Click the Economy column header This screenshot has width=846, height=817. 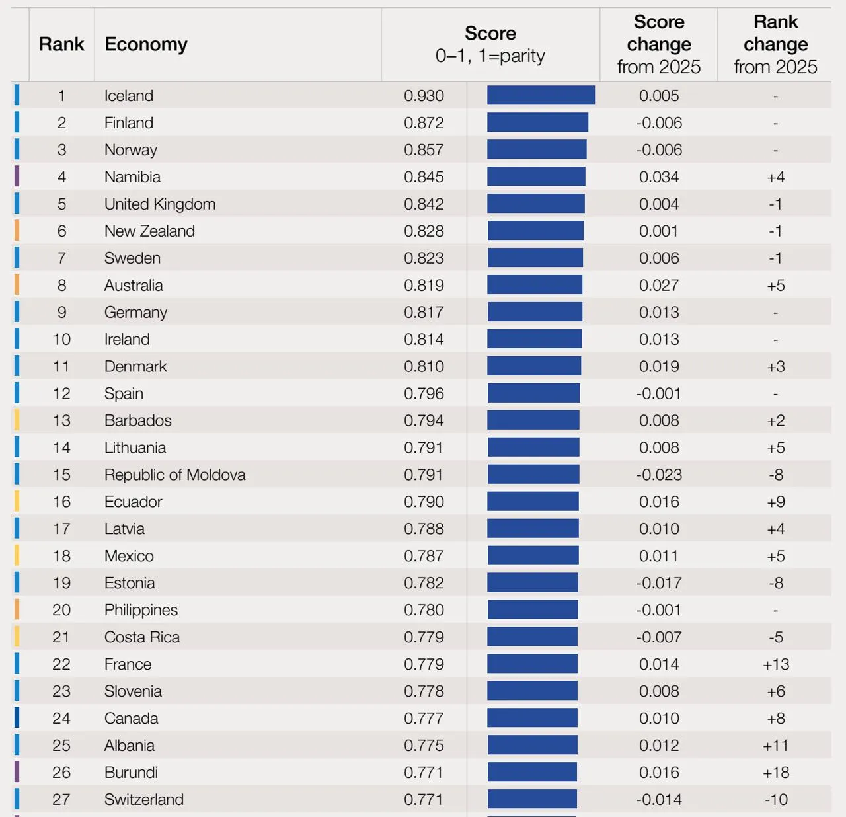tap(146, 44)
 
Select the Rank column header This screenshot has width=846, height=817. tap(61, 44)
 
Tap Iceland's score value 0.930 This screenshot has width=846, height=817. tap(424, 96)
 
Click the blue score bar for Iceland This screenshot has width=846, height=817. tap(541, 95)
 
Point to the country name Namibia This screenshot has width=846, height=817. tap(133, 177)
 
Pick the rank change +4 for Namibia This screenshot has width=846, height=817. tap(776, 177)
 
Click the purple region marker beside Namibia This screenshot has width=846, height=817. tap(17, 176)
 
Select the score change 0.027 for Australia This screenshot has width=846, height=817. tap(659, 286)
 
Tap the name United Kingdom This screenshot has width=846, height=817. tap(160, 204)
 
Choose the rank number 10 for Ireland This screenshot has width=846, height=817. tap(61, 339)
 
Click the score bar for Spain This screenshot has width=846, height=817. tap(534, 393)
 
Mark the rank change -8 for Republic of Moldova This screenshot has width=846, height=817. tap(776, 475)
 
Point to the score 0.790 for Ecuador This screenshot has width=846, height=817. tap(424, 502)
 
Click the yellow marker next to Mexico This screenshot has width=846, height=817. tap(17, 555)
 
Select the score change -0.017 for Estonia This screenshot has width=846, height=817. tap(659, 582)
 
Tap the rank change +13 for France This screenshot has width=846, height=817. tap(776, 664)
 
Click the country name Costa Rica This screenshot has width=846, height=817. tap(142, 637)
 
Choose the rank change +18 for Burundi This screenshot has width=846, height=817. tap(776, 772)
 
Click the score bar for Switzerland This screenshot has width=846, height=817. tap(532, 799)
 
